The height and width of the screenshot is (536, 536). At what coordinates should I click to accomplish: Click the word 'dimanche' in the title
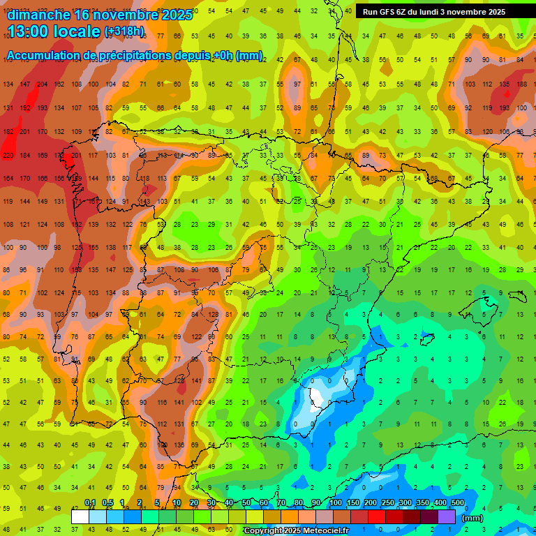[x=38, y=15]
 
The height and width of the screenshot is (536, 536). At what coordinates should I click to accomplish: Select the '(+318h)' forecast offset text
[x=124, y=31]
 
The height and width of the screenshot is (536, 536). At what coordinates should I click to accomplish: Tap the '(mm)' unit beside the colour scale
[x=472, y=517]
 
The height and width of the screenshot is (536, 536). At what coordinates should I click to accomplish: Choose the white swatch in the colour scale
[x=80, y=516]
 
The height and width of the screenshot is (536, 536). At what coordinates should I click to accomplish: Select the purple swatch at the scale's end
[x=447, y=516]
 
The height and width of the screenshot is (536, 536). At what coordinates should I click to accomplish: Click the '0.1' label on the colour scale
[x=90, y=503]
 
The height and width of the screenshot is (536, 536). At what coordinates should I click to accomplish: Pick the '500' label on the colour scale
[x=458, y=503]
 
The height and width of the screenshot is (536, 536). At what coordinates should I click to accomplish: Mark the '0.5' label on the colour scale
[x=107, y=503]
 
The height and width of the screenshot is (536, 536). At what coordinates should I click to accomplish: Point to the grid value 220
[x=8, y=155]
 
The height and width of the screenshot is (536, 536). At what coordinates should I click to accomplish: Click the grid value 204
[x=43, y=84]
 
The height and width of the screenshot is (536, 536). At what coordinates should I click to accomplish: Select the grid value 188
[x=521, y=84]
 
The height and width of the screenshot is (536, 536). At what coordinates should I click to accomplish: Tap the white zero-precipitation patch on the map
[x=318, y=398]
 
